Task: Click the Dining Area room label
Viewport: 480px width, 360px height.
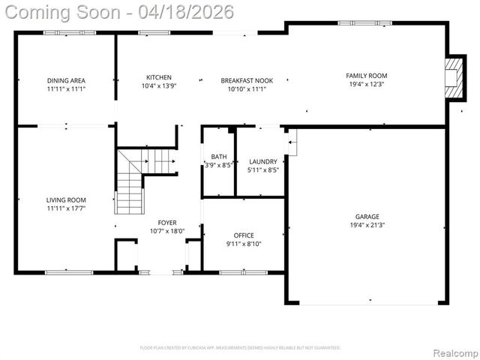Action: coord(66,80)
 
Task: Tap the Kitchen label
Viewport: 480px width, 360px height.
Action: coord(158,77)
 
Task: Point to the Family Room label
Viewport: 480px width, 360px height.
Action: coord(366,76)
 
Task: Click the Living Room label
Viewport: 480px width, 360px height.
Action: coord(66,199)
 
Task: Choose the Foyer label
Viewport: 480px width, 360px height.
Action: coord(166,223)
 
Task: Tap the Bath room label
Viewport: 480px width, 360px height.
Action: coord(218,157)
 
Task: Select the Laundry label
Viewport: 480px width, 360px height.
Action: coord(262,161)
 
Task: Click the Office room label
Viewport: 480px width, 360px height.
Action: coord(244,235)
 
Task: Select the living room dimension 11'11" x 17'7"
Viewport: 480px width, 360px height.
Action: coord(66,208)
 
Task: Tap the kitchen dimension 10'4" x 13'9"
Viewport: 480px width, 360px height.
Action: coord(158,85)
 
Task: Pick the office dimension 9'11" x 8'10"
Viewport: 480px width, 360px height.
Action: coord(244,244)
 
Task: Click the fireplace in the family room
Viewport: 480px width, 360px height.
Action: coord(452,76)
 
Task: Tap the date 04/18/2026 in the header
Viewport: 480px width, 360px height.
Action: coord(192,12)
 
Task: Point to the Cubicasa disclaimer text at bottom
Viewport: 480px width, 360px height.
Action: coord(240,348)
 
